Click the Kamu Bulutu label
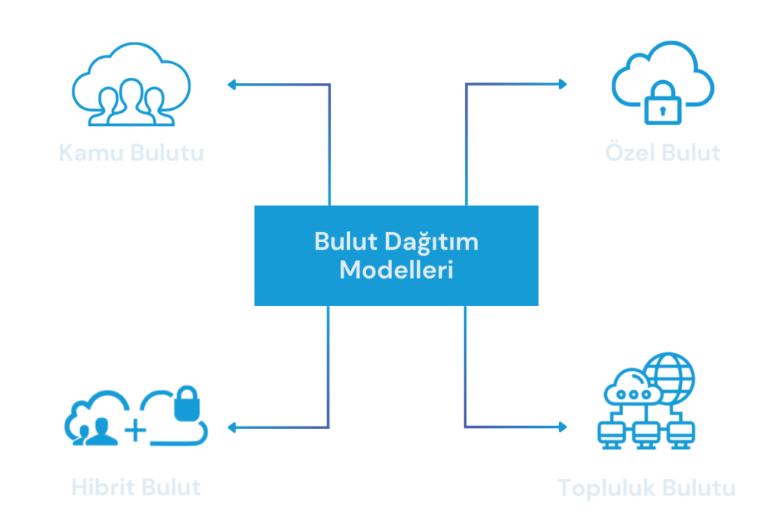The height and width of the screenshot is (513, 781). (x=131, y=153)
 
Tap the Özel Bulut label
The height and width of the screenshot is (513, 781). (x=662, y=153)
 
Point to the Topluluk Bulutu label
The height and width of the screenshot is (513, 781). (x=646, y=487)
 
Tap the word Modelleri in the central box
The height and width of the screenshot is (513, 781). (x=397, y=270)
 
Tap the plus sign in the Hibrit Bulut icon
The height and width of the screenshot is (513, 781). (x=135, y=431)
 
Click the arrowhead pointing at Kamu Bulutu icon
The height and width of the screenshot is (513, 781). (x=232, y=85)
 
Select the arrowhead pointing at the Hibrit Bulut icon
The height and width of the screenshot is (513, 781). (x=232, y=427)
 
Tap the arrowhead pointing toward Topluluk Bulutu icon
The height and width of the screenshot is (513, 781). (x=564, y=427)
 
